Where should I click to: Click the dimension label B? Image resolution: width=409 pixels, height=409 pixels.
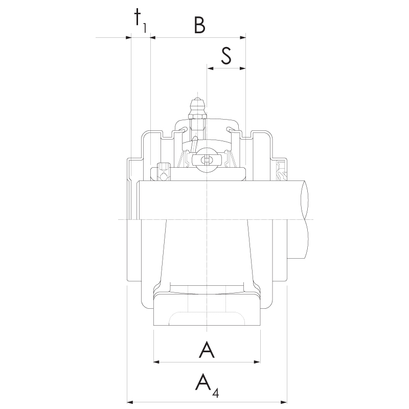tap(200, 25)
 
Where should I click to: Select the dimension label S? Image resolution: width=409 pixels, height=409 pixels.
tap(226, 56)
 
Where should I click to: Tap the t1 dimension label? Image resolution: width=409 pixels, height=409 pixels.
tap(140, 20)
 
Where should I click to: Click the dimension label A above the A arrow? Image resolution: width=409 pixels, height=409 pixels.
tap(207, 350)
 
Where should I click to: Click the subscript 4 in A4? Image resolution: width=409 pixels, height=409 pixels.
tap(216, 392)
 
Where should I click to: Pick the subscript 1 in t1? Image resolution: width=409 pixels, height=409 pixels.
tap(144, 28)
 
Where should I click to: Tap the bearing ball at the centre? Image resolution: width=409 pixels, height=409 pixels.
tap(207, 160)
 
